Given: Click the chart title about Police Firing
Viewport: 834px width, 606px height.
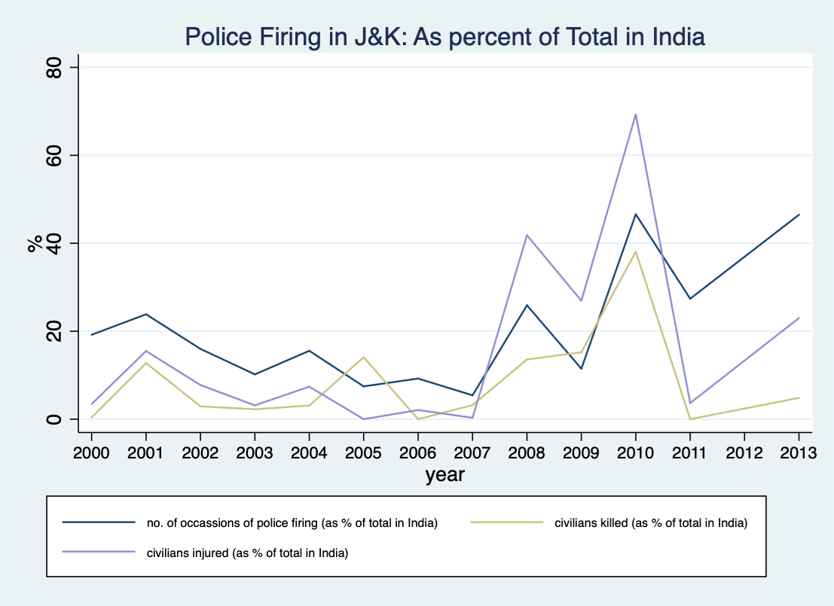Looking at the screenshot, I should point(444,37).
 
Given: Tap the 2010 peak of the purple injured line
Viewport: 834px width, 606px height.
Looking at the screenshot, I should point(636,114).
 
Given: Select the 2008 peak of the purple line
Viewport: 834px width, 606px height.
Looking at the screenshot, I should point(527,235).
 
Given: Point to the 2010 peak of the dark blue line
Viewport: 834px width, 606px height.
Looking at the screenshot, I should point(636,214).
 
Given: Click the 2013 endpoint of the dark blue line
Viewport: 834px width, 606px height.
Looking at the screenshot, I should point(799,215).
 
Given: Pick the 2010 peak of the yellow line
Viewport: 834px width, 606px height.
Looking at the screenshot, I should point(636,251).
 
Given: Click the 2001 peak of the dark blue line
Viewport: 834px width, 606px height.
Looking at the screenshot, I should point(146,314).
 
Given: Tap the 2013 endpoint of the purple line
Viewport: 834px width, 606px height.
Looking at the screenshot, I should point(799,318).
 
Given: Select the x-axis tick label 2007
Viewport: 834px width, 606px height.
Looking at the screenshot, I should point(472,453).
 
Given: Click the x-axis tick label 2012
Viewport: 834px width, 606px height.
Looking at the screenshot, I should point(744,453).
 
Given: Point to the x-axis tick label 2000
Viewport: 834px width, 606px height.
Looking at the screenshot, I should point(92,453).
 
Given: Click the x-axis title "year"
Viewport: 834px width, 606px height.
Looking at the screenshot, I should point(444,475).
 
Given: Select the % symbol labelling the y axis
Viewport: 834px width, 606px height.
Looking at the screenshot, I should point(35,243).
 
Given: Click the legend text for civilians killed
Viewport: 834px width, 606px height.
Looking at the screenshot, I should point(650,523).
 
